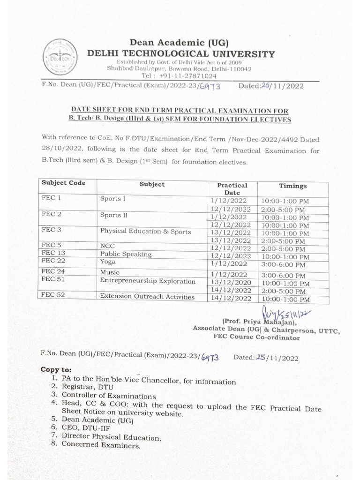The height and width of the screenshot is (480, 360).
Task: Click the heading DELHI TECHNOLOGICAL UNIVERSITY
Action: tap(181, 54)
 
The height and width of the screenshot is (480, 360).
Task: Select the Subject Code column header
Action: tap(63, 183)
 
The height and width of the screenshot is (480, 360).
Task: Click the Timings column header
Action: tap(293, 186)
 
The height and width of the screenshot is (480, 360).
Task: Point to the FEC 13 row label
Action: tap(52, 253)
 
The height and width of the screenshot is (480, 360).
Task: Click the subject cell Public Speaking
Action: tap(126, 254)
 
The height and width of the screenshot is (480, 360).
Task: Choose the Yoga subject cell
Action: tap(108, 261)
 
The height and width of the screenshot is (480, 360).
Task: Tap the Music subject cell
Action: tap(110, 272)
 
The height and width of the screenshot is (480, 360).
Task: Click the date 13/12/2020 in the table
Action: tap(232, 283)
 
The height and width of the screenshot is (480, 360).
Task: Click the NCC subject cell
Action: tap(107, 246)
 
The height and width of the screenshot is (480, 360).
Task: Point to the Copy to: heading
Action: tap(56, 369)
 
